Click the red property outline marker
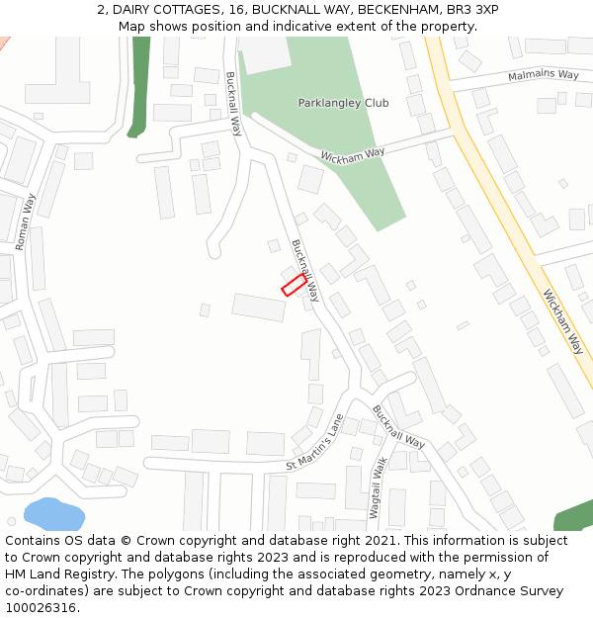(x=295, y=285)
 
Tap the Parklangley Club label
(x=343, y=103)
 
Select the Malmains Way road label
(x=543, y=75)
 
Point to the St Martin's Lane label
(x=314, y=443)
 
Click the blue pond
(x=53, y=513)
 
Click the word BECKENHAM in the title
(x=393, y=10)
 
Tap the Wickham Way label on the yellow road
(x=562, y=321)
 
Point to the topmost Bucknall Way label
(x=233, y=104)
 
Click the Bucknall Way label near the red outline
(x=305, y=270)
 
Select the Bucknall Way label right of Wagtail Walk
(x=398, y=426)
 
